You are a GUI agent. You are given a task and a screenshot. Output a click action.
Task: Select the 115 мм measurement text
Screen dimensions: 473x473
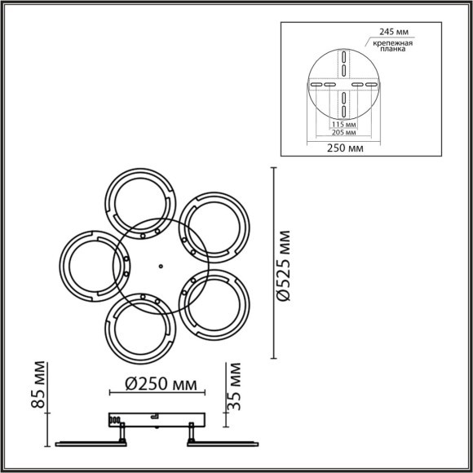click(343, 124)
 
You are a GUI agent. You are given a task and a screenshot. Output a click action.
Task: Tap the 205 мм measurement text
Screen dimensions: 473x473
click(343, 131)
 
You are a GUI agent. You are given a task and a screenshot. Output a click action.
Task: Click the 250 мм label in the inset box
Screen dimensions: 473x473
click(343, 148)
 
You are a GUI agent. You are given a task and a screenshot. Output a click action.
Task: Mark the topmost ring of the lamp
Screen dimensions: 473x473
click(141, 201)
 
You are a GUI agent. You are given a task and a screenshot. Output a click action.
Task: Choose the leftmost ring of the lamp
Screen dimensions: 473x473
click(89, 266)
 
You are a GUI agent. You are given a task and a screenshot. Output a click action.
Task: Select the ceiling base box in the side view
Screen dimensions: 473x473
click(155, 419)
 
